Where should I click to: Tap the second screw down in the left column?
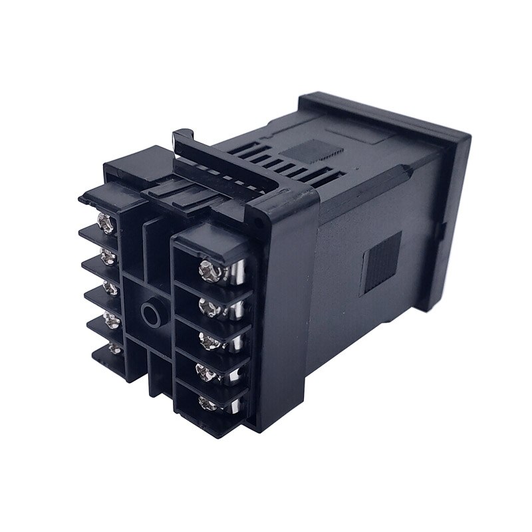pos(106,256)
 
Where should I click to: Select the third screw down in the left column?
pos(110,290)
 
